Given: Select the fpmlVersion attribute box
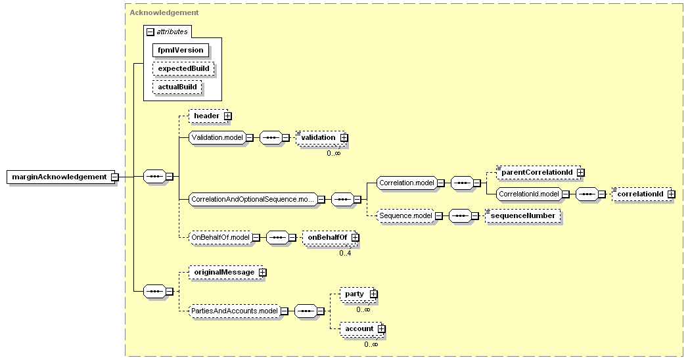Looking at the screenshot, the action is tap(181, 50).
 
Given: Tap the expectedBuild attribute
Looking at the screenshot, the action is tap(183, 69).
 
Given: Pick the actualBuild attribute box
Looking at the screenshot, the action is tap(177, 87).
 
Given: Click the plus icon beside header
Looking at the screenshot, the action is tap(227, 116).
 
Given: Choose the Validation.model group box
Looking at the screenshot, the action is tap(218, 137).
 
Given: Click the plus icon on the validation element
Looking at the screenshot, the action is tap(344, 138).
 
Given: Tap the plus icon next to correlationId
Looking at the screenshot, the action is tap(671, 194).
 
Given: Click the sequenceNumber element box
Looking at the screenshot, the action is tap(523, 215).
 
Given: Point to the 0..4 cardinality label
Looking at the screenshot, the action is tap(346, 253).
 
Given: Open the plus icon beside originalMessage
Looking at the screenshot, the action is tap(262, 273).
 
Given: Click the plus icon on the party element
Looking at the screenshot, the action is tap(373, 294).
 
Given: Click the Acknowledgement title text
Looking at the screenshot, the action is tap(164, 12).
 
